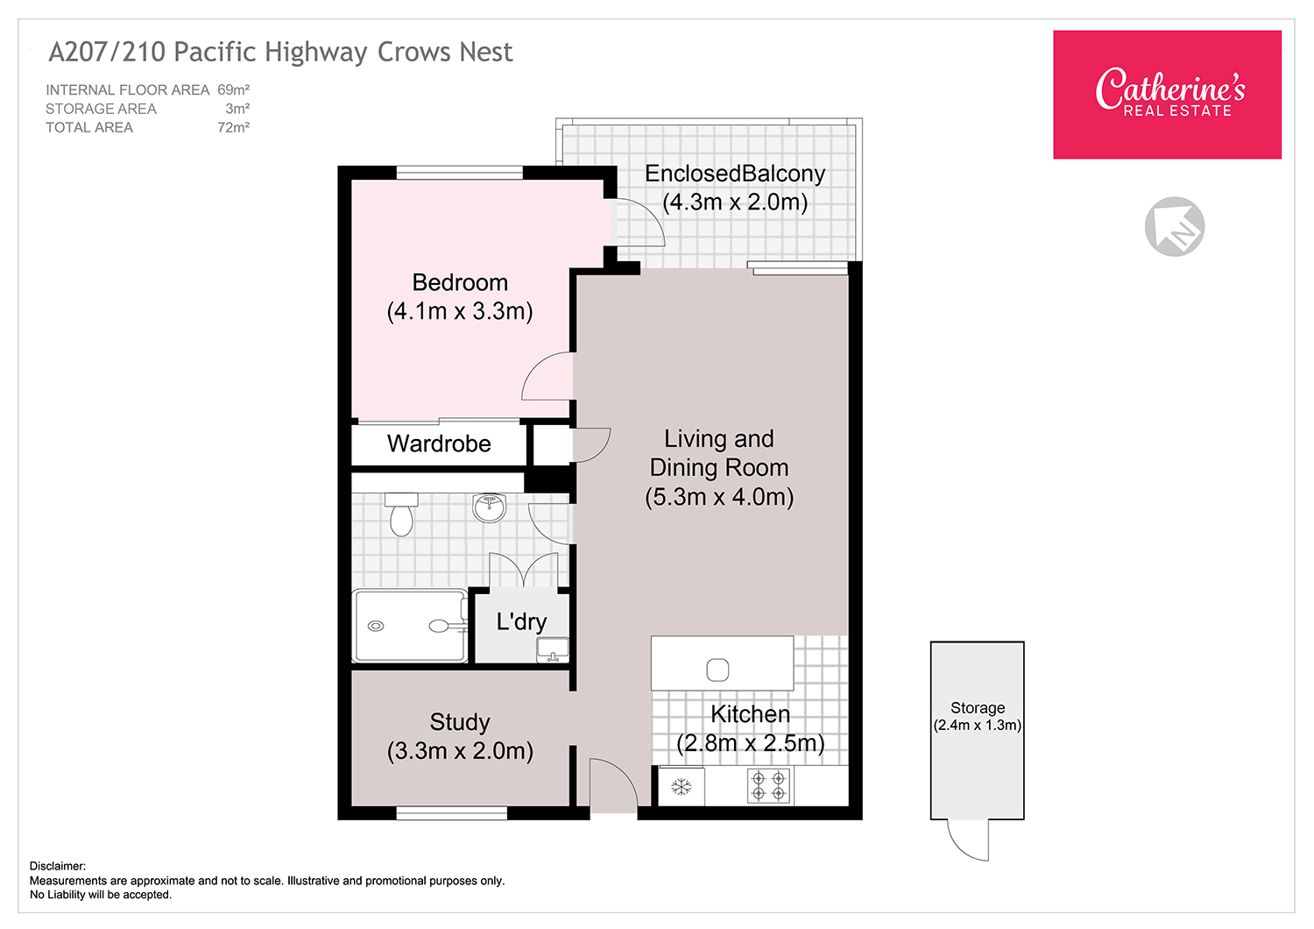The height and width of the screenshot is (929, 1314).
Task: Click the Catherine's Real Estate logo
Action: pyautogui.click(x=1167, y=95)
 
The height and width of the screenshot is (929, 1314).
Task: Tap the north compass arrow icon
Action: pyautogui.click(x=1175, y=226)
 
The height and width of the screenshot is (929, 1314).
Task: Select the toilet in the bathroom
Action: pyautogui.click(x=401, y=514)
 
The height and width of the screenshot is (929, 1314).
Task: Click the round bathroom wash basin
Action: pyautogui.click(x=489, y=507)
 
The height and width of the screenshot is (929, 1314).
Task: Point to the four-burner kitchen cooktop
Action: pyautogui.click(x=768, y=786)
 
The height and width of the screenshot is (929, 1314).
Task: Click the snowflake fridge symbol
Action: pyautogui.click(x=681, y=787)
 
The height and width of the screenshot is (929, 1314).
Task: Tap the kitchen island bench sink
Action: pyautogui.click(x=717, y=670)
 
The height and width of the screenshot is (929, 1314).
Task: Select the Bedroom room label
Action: pyautogui.click(x=460, y=283)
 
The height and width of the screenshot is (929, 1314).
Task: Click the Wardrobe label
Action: pyautogui.click(x=439, y=443)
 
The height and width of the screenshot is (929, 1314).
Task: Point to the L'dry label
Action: pyautogui.click(x=521, y=622)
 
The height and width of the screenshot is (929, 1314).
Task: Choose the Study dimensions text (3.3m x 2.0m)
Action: pyautogui.click(x=460, y=751)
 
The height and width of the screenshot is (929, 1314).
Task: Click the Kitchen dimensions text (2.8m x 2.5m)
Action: pyautogui.click(x=751, y=743)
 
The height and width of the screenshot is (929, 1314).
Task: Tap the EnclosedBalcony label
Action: pyautogui.click(x=735, y=174)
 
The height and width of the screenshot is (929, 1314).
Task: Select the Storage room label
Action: pyautogui.click(x=978, y=708)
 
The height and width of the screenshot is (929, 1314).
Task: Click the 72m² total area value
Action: pyautogui.click(x=234, y=127)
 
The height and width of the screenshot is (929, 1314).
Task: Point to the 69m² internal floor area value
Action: pyautogui.click(x=234, y=89)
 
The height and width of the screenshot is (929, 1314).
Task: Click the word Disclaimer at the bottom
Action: pyautogui.click(x=58, y=866)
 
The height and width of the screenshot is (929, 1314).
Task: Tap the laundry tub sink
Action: pyautogui.click(x=553, y=650)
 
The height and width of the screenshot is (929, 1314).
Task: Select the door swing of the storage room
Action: pyautogui.click(x=964, y=845)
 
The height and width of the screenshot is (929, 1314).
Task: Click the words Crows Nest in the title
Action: pyautogui.click(x=445, y=53)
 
